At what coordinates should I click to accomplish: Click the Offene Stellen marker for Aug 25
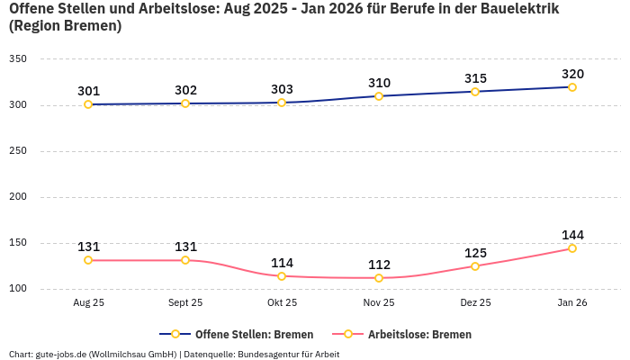[88, 104]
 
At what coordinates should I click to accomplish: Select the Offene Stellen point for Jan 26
[571, 87]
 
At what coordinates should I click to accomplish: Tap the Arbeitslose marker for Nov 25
[379, 278]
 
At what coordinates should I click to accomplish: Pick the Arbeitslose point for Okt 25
[282, 276]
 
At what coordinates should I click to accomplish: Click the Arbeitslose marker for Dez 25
[475, 266]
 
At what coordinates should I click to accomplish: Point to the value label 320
[572, 74]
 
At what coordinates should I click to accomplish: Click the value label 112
[379, 265]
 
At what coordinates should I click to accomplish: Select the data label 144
[572, 235]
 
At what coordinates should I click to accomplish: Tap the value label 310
[379, 83]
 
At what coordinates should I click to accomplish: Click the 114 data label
[282, 263]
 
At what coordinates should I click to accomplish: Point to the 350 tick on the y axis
[18, 59]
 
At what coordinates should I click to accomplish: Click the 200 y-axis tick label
[18, 197]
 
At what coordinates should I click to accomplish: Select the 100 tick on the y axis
[18, 289]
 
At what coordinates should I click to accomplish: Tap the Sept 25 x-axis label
[185, 303]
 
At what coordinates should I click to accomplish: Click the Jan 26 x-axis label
[571, 303]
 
